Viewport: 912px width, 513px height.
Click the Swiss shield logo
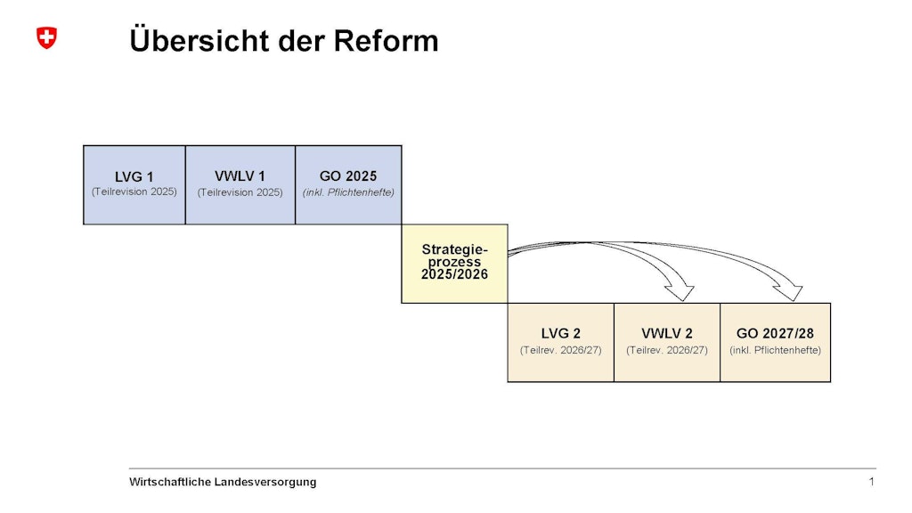click(x=46, y=37)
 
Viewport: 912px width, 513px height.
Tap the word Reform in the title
click(x=386, y=41)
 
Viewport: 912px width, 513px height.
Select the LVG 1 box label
click(x=134, y=177)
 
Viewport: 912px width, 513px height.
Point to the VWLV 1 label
click(x=240, y=176)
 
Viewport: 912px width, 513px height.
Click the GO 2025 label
click(x=348, y=176)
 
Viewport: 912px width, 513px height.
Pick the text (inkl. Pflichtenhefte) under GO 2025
click(x=348, y=192)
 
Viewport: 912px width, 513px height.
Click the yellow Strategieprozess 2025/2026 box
click(x=454, y=264)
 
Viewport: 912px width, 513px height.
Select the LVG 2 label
click(x=561, y=333)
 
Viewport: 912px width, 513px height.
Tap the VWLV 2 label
click(x=667, y=333)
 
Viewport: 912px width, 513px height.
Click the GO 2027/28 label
click(x=776, y=333)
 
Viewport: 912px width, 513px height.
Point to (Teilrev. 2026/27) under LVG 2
click(x=561, y=350)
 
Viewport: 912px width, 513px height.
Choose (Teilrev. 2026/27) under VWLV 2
click(x=667, y=350)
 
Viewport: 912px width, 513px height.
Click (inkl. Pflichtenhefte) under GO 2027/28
click(x=776, y=350)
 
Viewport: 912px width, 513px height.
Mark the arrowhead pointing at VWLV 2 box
click(x=680, y=292)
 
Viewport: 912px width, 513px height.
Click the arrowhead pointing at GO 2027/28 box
click(x=788, y=292)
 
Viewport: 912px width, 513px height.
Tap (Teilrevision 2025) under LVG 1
click(x=134, y=192)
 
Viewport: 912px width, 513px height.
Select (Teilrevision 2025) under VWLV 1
click(x=240, y=192)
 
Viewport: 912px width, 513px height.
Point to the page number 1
click(x=871, y=482)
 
